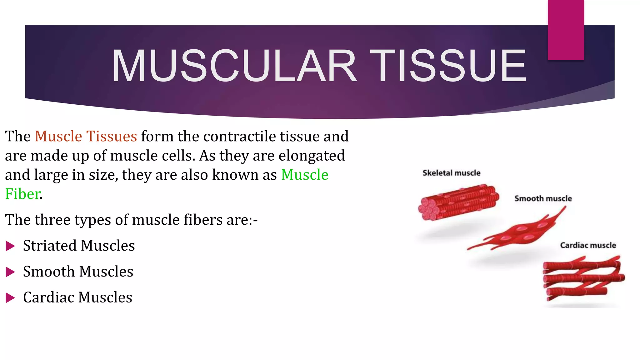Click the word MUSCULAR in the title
[234, 66]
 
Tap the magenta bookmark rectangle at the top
[566, 30]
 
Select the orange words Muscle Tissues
[86, 137]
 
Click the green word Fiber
[22, 194]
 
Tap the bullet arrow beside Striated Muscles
[10, 246]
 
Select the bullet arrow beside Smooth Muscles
[10, 272]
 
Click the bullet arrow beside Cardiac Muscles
[10, 298]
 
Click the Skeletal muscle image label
[451, 173]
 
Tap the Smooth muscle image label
[543, 199]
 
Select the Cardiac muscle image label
[588, 245]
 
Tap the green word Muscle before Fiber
[305, 175]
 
